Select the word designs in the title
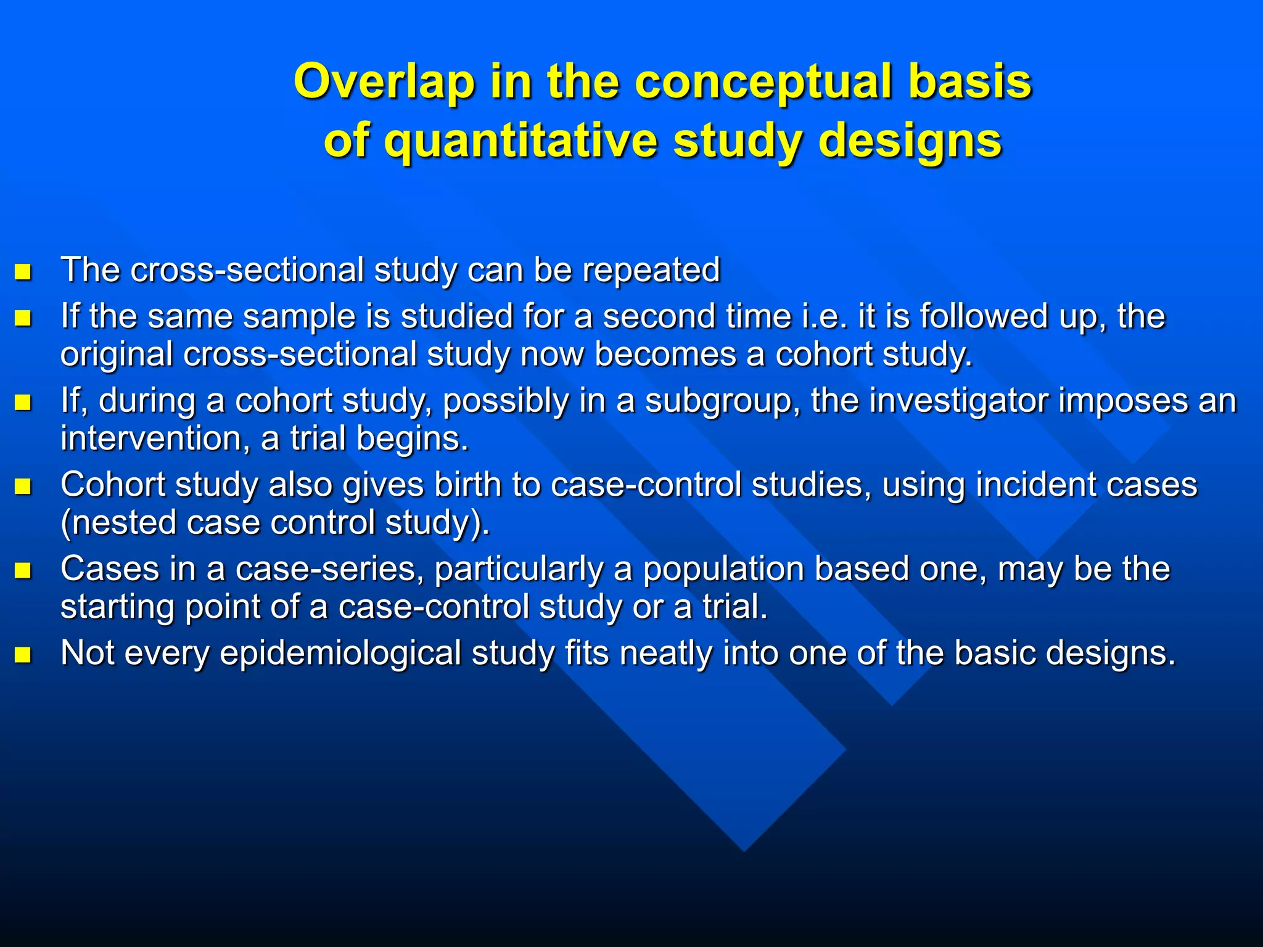910,141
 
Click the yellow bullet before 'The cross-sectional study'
23,272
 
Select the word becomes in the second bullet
665,355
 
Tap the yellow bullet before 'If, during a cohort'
23,403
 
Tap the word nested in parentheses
126,523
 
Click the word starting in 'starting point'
117,607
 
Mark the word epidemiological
340,653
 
